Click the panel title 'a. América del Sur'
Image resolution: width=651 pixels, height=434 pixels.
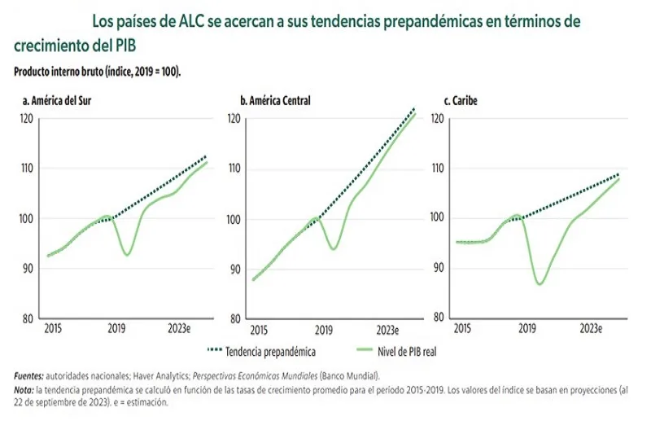pos(56,101)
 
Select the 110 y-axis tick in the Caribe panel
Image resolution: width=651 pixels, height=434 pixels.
pos(437,169)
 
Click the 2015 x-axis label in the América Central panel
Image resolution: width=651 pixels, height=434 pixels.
pos(259,331)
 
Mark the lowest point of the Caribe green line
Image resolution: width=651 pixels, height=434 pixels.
pos(540,283)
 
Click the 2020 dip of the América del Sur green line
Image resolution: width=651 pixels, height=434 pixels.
pos(127,255)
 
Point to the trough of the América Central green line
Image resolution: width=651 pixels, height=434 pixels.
pos(333,248)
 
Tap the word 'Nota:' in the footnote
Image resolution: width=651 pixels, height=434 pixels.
pos(26,390)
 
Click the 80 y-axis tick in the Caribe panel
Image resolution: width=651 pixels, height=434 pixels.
pos(437,318)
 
